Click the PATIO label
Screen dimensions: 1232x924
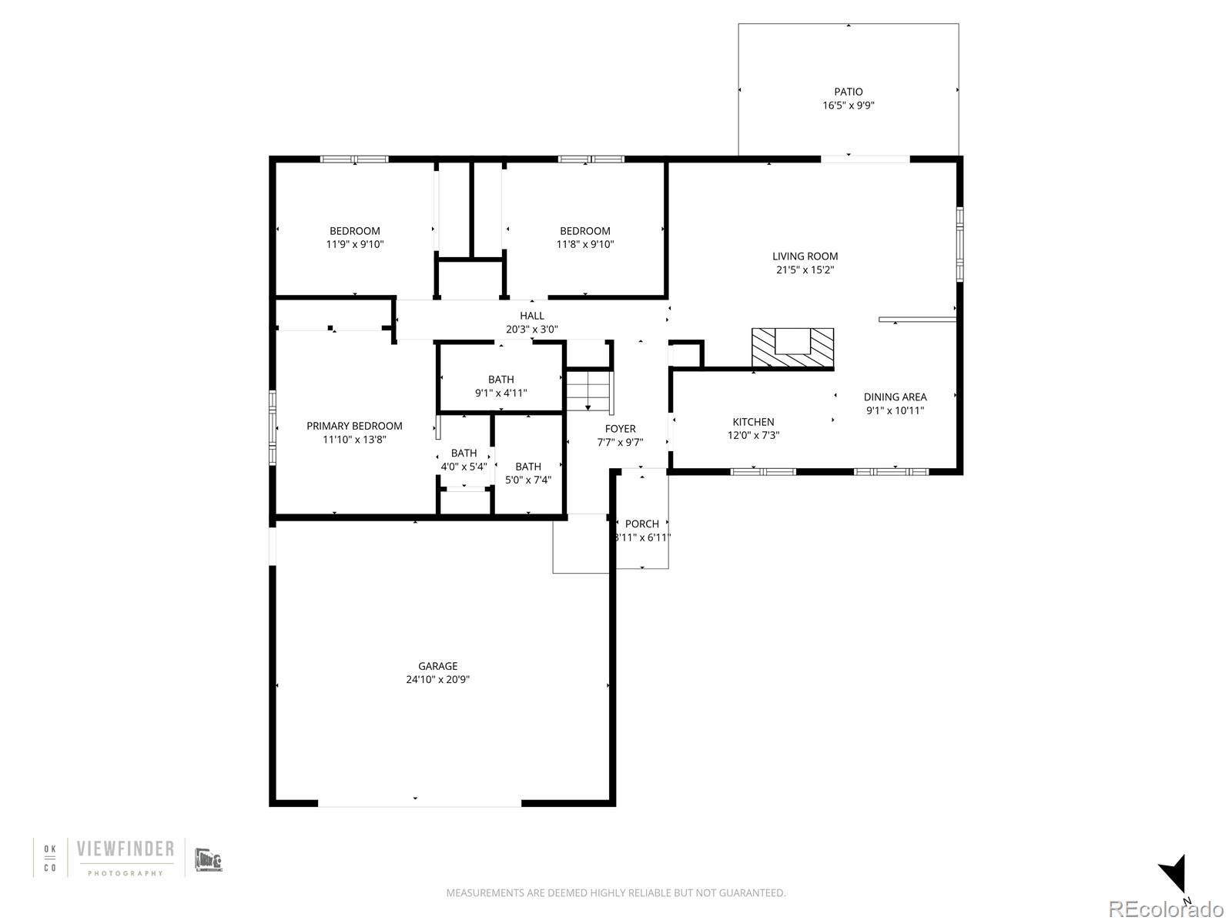848,92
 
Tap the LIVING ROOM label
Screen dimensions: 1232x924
805,256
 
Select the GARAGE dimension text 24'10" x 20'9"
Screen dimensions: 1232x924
438,679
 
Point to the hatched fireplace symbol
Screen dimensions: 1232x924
792,348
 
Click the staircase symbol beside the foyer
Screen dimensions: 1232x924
589,390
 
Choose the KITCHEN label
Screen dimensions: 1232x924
753,422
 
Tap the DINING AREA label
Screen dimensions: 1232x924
896,397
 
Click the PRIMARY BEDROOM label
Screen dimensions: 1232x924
354,426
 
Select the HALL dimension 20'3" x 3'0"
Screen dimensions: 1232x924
531,330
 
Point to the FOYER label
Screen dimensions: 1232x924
620,429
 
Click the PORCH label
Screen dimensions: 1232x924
641,524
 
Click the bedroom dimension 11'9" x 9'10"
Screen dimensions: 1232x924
355,244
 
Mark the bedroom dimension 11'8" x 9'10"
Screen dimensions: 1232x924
585,244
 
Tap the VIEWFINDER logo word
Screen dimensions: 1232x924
126,849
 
